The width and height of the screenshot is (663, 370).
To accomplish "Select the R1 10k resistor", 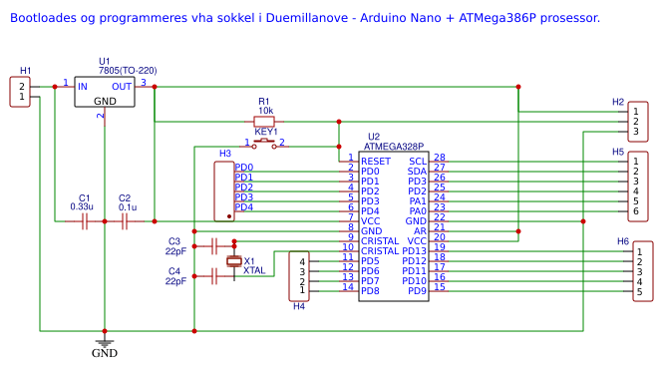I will tap(263, 122).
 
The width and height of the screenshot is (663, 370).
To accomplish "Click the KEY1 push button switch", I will tap(265, 144).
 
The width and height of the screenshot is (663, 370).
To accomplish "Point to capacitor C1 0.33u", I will tap(85, 221).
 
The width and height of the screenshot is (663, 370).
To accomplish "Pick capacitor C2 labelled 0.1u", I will tap(125, 221).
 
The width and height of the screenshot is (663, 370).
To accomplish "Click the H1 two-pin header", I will tap(22, 92).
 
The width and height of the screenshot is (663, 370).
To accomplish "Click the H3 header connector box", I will tap(224, 189).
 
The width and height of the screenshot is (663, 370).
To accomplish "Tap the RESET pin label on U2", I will tap(376, 161).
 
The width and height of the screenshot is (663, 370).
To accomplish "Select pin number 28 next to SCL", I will tap(439, 158).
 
